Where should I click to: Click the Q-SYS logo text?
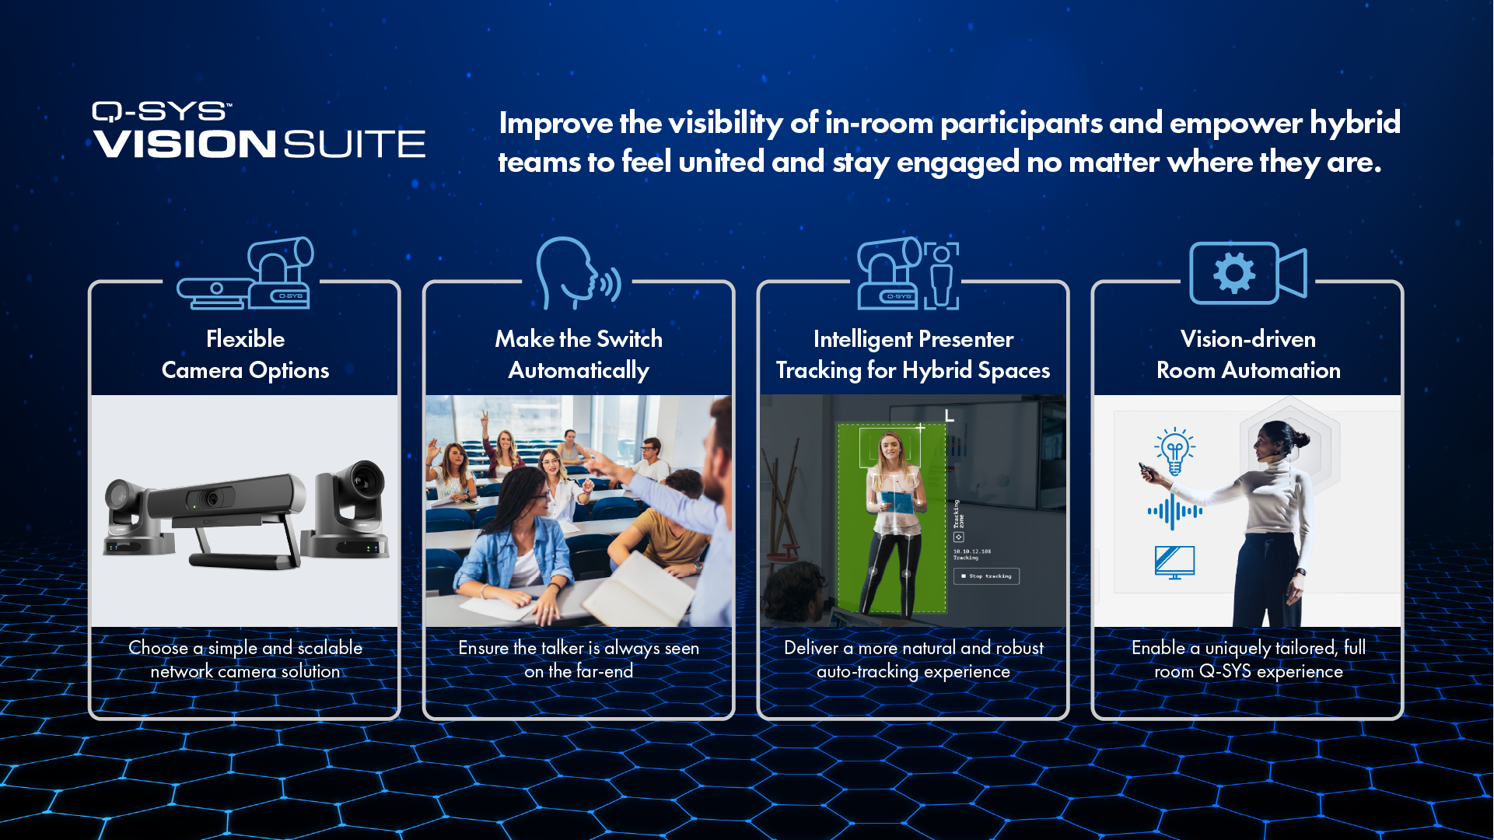tap(160, 112)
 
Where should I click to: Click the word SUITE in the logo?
tap(354, 145)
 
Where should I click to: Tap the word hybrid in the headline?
tap(1355, 124)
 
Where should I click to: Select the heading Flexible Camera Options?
tap(245, 355)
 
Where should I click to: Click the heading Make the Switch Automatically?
tap(579, 355)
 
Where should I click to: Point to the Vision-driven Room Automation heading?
tap(1248, 355)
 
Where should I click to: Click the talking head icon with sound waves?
tap(578, 273)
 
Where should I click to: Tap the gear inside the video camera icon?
tap(1234, 273)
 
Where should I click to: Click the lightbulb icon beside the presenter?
tap(1174, 450)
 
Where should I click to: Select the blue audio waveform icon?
tap(1174, 512)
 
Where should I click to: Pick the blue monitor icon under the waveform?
tap(1174, 562)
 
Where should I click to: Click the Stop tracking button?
tap(986, 576)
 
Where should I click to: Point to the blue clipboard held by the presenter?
tap(896, 501)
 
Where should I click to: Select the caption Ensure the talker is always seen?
tap(579, 648)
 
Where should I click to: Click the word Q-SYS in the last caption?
tap(1225, 671)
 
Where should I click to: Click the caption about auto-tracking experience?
tap(913, 660)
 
